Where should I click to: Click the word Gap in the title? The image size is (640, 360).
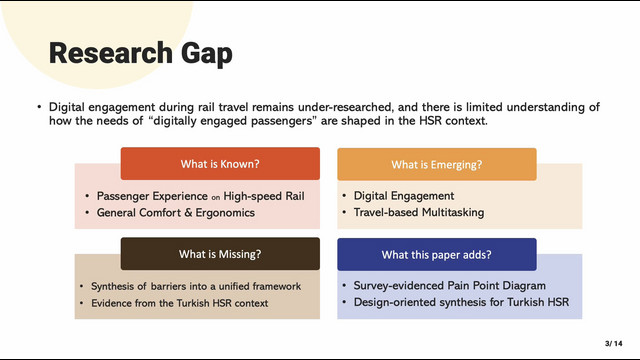pos(207,54)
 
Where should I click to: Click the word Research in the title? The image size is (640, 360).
pos(111,53)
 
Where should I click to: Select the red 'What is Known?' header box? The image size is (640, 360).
pos(220,164)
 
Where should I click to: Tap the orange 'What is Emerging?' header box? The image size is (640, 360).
pos(437,164)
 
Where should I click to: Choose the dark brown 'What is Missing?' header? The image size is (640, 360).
pos(220,254)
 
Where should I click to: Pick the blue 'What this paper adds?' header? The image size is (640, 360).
pos(437,255)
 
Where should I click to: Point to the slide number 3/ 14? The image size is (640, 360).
pos(613,343)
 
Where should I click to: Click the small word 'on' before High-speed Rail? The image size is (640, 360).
pos(216,198)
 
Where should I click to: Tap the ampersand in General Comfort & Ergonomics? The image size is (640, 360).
pos(188,213)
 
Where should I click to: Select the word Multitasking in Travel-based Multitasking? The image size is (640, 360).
pos(453,213)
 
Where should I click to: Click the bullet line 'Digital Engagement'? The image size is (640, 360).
pos(404,196)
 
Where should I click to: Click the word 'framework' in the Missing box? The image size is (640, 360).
pos(277,286)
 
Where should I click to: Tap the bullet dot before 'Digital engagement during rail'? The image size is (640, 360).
pos(39,107)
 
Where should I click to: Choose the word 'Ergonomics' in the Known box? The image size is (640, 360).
pos(225,213)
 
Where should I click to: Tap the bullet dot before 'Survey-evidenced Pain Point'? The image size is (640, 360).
pos(344,286)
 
